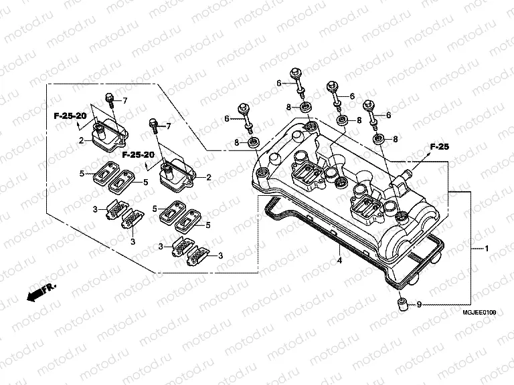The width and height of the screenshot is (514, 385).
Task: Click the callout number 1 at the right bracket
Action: [x=487, y=248]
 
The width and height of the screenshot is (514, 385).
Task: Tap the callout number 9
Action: [x=419, y=305]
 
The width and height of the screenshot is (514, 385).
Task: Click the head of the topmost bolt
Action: [x=294, y=72]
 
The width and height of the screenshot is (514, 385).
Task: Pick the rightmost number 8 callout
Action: [x=395, y=139]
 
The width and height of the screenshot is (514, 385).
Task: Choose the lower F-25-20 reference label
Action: [x=139, y=154]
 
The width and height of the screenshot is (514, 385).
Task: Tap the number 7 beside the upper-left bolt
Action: [x=124, y=100]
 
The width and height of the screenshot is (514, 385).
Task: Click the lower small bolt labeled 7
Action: [x=154, y=124]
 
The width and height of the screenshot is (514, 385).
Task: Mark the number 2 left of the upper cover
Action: [x=81, y=140]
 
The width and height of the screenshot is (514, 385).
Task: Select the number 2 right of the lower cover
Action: [x=209, y=177]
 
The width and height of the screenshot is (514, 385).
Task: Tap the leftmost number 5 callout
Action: [x=82, y=174]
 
